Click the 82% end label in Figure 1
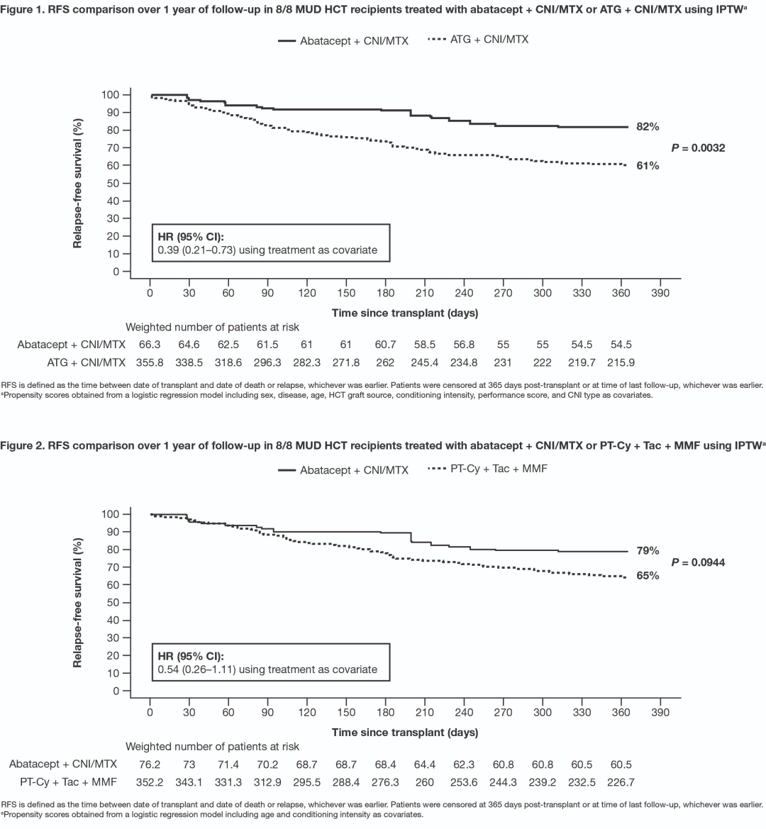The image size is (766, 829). [648, 127]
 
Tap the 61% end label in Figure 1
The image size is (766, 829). [648, 165]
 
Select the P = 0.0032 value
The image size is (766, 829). [698, 148]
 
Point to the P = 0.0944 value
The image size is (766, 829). [698, 562]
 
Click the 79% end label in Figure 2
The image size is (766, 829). [648, 550]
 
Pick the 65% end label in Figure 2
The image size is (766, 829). [648, 576]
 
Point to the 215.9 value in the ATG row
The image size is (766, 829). [620, 362]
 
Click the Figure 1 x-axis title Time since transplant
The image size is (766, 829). [404, 313]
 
